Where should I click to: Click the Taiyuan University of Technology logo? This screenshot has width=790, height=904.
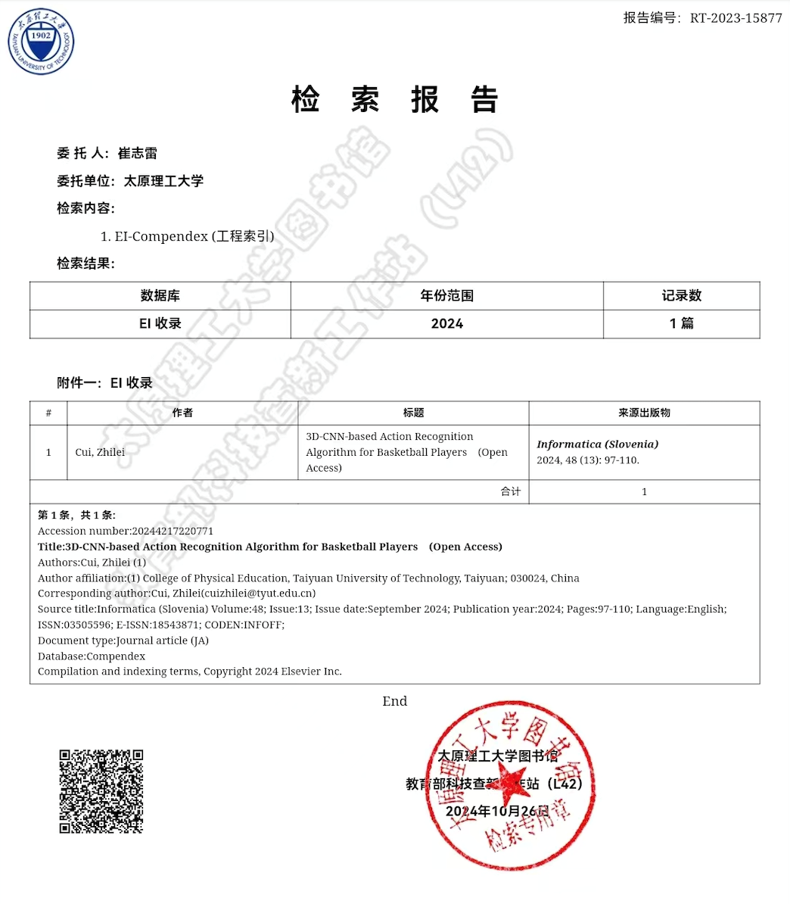tap(41, 41)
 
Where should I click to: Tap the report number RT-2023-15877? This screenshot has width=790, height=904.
tap(736, 18)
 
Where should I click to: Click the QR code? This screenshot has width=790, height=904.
tap(101, 791)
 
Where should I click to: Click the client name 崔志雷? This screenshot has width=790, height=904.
tap(138, 153)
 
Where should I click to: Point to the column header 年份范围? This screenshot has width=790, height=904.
tap(446, 295)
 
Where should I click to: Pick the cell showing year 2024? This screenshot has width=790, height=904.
tap(446, 324)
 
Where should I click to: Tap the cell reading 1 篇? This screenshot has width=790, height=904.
tap(681, 324)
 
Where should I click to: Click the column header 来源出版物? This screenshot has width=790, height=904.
tap(644, 413)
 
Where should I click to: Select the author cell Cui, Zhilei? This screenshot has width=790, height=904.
tap(100, 452)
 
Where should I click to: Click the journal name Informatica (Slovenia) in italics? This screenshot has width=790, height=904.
tap(597, 444)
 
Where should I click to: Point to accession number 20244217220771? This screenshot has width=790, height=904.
tap(173, 531)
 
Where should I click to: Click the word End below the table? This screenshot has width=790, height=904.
tap(394, 701)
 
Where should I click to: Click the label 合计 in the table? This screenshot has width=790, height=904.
tap(511, 491)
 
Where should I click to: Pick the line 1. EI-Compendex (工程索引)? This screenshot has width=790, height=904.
tap(187, 236)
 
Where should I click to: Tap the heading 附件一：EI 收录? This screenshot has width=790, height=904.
tap(104, 383)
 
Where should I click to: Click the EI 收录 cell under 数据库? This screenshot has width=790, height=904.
tap(160, 324)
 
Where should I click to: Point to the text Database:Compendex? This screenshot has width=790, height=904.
tap(92, 656)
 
